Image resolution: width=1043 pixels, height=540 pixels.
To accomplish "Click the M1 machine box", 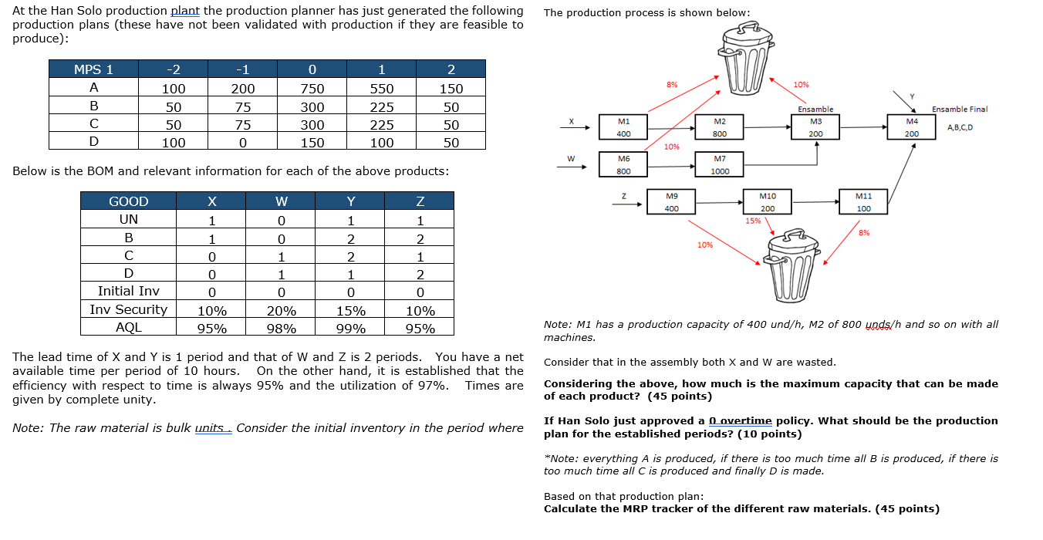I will click(x=624, y=128).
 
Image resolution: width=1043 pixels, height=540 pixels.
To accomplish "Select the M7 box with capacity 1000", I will click(x=720, y=165).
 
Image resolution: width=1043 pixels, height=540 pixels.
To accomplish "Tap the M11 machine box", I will click(x=863, y=202).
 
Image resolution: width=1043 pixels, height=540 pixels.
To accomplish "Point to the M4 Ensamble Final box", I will click(x=912, y=128).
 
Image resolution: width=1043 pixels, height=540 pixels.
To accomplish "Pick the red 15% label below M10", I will click(x=753, y=221).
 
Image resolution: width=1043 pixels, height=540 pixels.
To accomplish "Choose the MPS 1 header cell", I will click(x=93, y=69).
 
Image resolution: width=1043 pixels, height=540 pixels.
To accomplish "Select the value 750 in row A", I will click(x=313, y=89).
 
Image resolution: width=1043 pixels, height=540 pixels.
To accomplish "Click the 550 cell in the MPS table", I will click(x=381, y=89).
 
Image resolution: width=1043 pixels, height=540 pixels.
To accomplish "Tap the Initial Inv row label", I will click(x=128, y=292).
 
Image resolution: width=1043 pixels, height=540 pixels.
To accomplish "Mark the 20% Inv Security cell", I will click(x=281, y=310).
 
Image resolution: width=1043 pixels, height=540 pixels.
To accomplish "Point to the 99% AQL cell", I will click(x=350, y=329).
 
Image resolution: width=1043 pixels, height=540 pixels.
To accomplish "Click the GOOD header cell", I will click(x=128, y=201).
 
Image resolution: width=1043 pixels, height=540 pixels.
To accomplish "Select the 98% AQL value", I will click(x=281, y=329).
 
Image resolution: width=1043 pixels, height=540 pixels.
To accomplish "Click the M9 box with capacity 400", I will click(x=671, y=202).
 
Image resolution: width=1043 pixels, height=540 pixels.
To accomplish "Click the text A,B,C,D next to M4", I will click(x=959, y=128).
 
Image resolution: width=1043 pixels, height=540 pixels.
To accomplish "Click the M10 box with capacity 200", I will click(x=767, y=202).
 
